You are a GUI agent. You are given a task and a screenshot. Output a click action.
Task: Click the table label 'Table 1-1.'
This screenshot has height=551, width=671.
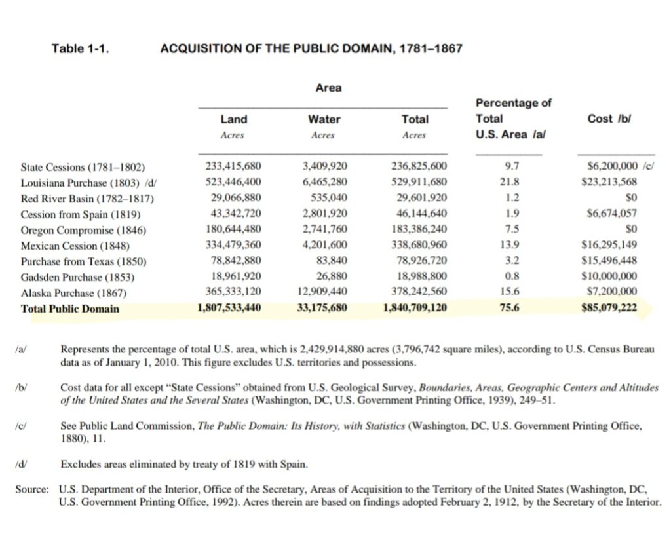pos(79,48)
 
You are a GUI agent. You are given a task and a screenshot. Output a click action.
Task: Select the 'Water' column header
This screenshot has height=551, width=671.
pos(324,119)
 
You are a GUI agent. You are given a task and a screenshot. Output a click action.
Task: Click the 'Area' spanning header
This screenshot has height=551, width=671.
pos(328,88)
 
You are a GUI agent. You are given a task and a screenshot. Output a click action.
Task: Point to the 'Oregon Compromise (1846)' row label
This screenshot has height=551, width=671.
pos(83,230)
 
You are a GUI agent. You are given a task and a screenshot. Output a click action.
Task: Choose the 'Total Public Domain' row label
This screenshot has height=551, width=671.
pos(70,308)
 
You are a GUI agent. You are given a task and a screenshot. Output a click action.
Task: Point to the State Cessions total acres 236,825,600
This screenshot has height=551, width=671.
pos(419,166)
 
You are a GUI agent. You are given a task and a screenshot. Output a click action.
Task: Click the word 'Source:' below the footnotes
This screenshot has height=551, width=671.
pos(31,489)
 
